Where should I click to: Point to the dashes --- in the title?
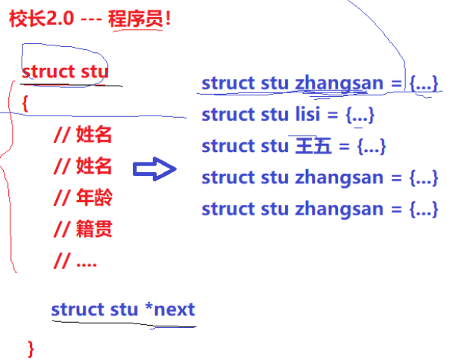(x=90, y=19)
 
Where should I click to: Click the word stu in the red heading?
(x=93, y=72)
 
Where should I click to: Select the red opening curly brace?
(x=25, y=104)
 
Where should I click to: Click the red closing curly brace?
(x=31, y=347)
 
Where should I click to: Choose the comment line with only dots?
(x=75, y=261)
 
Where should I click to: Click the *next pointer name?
(x=170, y=309)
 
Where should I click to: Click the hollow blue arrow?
(x=154, y=169)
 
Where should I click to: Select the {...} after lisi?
(x=358, y=115)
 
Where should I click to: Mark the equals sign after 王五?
(x=344, y=146)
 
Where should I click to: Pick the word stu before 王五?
(x=276, y=146)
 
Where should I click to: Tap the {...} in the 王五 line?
(x=371, y=146)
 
